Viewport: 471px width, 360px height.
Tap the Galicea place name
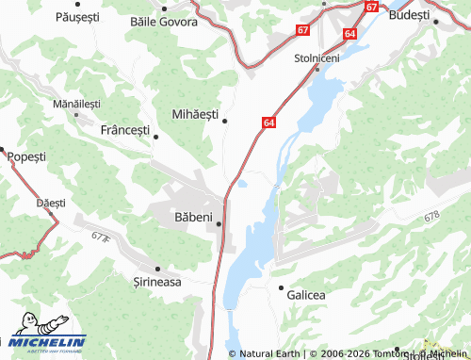coord(306,295)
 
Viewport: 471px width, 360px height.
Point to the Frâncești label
coord(124,130)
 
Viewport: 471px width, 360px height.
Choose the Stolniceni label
coord(317,57)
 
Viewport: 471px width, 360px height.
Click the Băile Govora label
coord(162,20)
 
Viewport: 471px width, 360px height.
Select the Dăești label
coord(51,203)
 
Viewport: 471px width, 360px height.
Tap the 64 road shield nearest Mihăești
coord(269,123)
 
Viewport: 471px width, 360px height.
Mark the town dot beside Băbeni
coord(219,224)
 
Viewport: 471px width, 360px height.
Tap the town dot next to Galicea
coord(280,286)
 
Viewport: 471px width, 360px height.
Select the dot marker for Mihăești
coord(224,121)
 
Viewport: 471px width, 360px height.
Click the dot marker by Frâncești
coord(156,138)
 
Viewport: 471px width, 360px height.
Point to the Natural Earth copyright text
coord(265,353)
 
